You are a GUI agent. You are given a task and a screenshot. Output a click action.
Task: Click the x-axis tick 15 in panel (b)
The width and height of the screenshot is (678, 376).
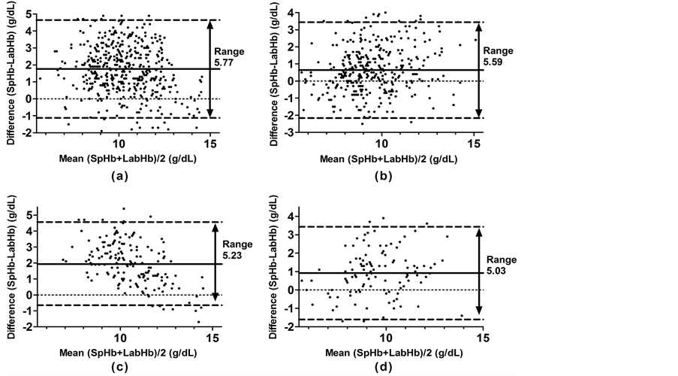(475, 143)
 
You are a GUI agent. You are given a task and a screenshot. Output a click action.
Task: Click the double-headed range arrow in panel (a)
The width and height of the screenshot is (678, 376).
(211, 68)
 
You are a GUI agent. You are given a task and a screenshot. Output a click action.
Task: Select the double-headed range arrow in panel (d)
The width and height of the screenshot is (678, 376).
(478, 272)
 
